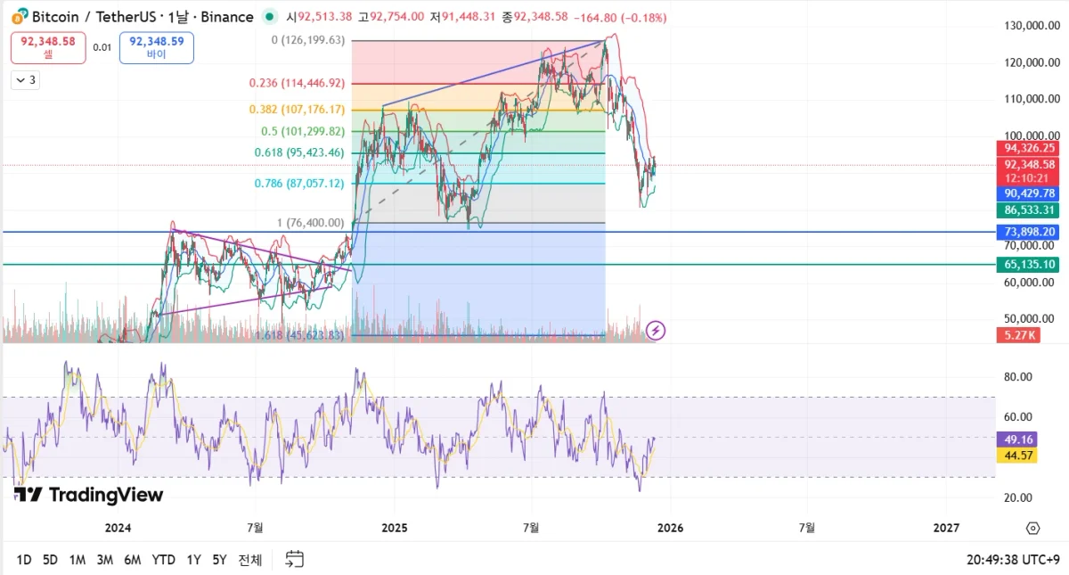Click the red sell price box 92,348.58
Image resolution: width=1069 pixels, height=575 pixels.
pyautogui.click(x=48, y=47)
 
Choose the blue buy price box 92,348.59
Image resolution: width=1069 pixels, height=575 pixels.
pyautogui.click(x=156, y=47)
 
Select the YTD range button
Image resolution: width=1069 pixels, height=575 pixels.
pyautogui.click(x=163, y=560)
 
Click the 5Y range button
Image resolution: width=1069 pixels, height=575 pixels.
pyautogui.click(x=219, y=560)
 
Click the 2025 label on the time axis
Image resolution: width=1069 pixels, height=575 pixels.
pyautogui.click(x=394, y=528)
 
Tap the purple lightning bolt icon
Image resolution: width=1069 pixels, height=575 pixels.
pyautogui.click(x=656, y=331)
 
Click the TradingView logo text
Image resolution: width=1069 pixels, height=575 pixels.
pyautogui.click(x=89, y=495)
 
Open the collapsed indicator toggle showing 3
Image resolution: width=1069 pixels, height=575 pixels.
pyautogui.click(x=25, y=80)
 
